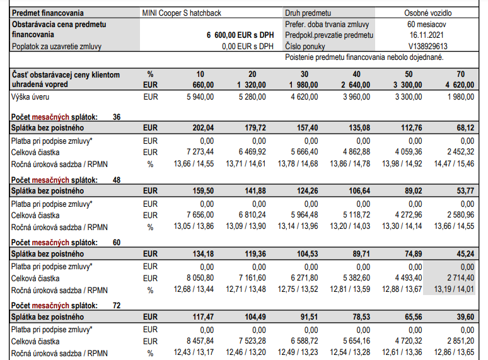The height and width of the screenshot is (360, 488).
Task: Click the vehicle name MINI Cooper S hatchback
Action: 182,13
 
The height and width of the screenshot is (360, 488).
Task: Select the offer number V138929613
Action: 428,46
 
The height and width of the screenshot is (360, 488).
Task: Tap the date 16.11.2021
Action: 428,35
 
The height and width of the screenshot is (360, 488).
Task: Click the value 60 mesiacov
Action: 428,24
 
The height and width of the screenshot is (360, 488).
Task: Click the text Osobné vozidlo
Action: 428,13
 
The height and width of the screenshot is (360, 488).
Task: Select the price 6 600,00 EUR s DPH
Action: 240,35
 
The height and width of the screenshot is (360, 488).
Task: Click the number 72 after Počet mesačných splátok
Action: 117,306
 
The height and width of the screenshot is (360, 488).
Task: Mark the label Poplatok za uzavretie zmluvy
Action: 57,46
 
